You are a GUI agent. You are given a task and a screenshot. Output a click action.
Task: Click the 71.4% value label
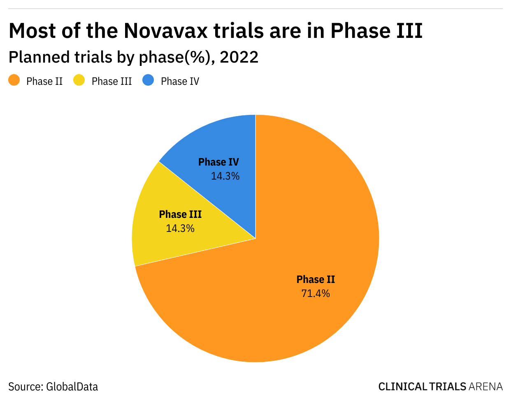316,294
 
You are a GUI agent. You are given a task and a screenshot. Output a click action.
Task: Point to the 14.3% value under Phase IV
225,176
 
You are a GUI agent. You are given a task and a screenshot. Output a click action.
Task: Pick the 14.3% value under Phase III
180,229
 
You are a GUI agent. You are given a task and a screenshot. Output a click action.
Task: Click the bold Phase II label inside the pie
316,280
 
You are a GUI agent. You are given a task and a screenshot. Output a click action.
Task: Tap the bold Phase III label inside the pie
180,215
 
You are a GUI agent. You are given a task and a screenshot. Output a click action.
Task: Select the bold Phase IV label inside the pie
218,162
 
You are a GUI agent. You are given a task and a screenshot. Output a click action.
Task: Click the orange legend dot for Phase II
14,80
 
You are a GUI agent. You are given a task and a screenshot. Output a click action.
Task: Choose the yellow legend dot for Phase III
79,80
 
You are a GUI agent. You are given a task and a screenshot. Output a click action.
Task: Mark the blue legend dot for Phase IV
148,80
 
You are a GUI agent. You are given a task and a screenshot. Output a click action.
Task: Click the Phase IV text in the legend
180,82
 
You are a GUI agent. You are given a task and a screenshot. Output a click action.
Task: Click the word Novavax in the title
166,30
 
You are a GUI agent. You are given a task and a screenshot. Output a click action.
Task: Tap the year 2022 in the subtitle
239,57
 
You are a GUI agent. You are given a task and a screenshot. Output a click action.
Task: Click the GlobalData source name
72,387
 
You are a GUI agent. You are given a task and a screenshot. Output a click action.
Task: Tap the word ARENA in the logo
485,387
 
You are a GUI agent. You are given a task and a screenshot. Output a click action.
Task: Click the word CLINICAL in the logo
403,387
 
